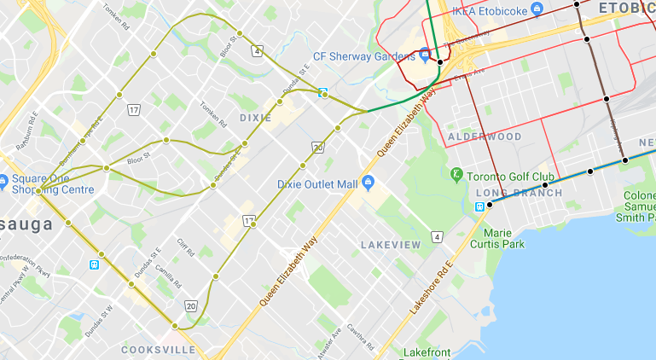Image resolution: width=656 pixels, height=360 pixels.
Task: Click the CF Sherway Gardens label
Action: pyautogui.click(x=364, y=56)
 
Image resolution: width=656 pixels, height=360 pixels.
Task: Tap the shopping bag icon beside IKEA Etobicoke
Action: pyautogui.click(x=536, y=9)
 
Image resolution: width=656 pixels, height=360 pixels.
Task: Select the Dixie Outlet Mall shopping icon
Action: pyautogui.click(x=369, y=183)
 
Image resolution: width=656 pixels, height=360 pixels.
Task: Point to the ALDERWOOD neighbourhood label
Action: pyautogui.click(x=485, y=136)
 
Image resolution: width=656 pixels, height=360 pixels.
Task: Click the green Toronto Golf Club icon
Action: pyautogui.click(x=457, y=175)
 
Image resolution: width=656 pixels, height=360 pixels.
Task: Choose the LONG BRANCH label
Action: pyautogui.click(x=519, y=193)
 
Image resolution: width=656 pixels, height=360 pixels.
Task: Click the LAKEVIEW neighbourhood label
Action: pyautogui.click(x=391, y=245)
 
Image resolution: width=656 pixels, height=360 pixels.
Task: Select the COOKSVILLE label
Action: pyautogui.click(x=153, y=350)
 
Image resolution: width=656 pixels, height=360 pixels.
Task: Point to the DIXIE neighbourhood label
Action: pyautogui.click(x=255, y=118)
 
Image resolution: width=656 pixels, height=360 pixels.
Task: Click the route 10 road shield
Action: pyautogui.click(x=318, y=148)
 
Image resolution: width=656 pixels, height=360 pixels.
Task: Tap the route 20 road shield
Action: pyautogui.click(x=190, y=305)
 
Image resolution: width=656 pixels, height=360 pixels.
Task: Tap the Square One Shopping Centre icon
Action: pyautogui.click(x=4, y=180)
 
